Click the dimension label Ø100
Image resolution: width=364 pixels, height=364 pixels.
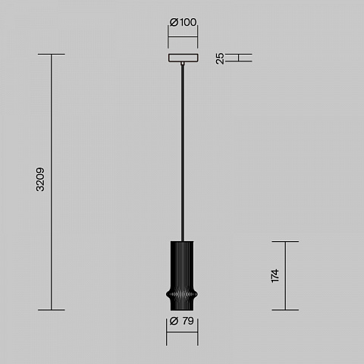pyautogui.click(x=183, y=22)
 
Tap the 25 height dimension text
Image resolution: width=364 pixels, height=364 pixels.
pyautogui.click(x=220, y=58)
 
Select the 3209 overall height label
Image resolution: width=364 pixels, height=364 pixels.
pyautogui.click(x=40, y=179)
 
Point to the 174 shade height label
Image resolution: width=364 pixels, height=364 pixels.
pyautogui.click(x=275, y=276)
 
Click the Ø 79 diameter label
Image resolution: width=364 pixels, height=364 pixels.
pyautogui.click(x=182, y=321)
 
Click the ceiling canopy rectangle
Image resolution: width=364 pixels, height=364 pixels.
pyautogui.click(x=184, y=58)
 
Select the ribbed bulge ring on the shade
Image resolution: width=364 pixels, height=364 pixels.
pyautogui.click(x=182, y=294)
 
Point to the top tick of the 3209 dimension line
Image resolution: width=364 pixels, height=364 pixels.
pyautogui.click(x=52, y=54)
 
